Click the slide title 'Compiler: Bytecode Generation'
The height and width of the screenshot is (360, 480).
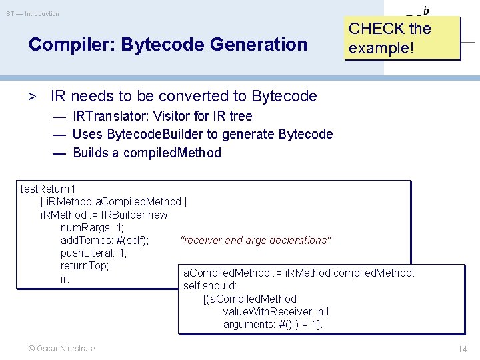168,45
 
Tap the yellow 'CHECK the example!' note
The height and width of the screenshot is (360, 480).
402,38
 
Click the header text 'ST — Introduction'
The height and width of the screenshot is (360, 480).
33,14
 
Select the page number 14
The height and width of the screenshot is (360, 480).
462,349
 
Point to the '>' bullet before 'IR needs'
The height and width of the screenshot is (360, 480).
31,96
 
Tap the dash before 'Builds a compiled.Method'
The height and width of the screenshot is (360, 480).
59,153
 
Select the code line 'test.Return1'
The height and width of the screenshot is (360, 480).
48,189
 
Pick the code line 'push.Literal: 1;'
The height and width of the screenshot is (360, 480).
94,253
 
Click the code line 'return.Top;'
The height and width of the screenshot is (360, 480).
85,266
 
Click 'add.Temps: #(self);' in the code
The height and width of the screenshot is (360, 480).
105,241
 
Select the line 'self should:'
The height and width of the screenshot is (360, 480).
210,286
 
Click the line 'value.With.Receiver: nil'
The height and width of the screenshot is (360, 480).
275,312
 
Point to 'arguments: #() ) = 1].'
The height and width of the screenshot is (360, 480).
273,325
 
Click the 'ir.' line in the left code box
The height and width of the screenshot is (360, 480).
65,279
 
